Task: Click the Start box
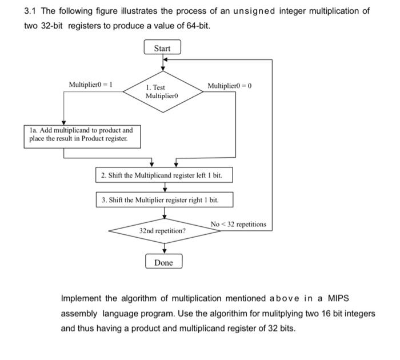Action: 162,48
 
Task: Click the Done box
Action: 163,262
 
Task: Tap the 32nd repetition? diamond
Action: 163,231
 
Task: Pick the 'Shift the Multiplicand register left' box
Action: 164,175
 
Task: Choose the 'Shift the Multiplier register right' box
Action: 164,200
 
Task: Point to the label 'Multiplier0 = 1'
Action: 90,85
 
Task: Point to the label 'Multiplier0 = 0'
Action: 230,85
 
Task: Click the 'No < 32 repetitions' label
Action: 238,224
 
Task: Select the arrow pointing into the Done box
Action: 164,249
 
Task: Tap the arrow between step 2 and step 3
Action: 164,187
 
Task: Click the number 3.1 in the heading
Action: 31,11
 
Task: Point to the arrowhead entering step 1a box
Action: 63,123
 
